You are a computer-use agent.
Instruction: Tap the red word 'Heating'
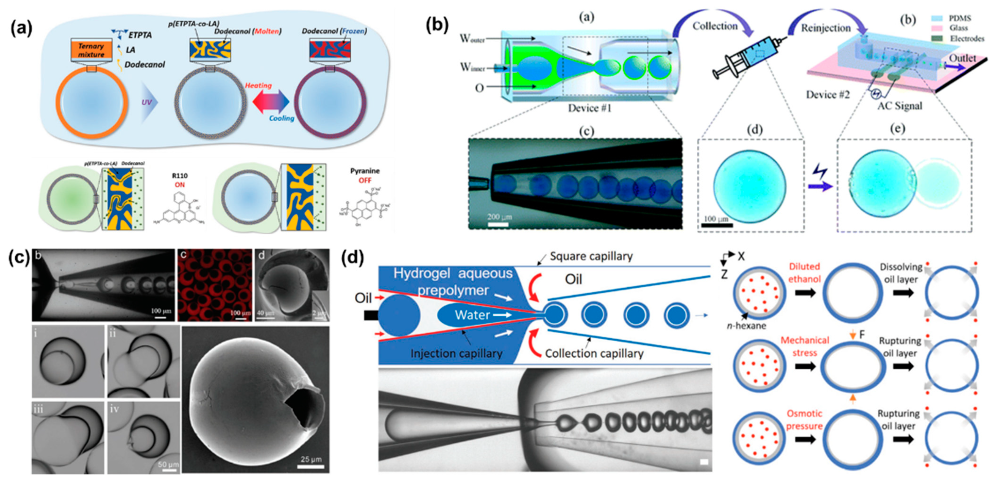pyautogui.click(x=258, y=85)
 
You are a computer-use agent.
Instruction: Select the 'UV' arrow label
pyautogui.click(x=147, y=103)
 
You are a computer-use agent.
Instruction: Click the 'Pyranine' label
pyautogui.click(x=365, y=171)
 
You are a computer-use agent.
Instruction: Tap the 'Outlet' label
pyautogui.click(x=962, y=58)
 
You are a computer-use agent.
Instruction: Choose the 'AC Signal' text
pyautogui.click(x=899, y=106)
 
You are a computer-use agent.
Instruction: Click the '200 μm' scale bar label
pyautogui.click(x=499, y=217)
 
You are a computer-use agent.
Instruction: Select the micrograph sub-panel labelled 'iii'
pyautogui.click(x=68, y=437)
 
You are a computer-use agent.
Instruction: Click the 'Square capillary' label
pyautogui.click(x=591, y=256)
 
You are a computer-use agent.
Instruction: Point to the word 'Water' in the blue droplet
pyautogui.click(x=472, y=315)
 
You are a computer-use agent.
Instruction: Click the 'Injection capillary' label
pyautogui.click(x=456, y=353)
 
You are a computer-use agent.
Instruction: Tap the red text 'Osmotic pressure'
pyautogui.click(x=804, y=420)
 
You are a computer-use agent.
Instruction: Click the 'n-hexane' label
pyautogui.click(x=746, y=326)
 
